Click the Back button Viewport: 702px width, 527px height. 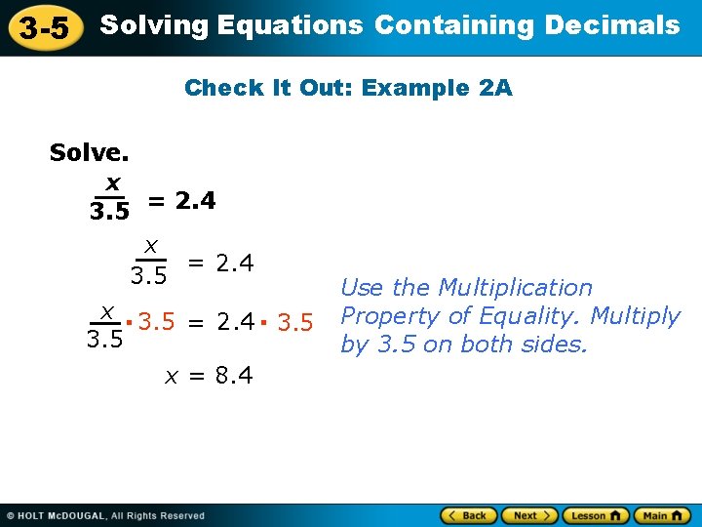click(470, 515)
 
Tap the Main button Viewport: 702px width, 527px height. click(662, 515)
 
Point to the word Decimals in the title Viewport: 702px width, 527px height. click(612, 25)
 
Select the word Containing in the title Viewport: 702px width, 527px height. click(453, 25)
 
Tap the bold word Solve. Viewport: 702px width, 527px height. click(89, 153)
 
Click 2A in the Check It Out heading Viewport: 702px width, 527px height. click(495, 88)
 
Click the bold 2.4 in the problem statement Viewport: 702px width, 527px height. click(195, 201)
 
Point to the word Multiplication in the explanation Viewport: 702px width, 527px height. click(516, 288)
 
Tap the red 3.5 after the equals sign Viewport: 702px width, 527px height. click(294, 322)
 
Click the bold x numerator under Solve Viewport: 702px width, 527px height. click(113, 182)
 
